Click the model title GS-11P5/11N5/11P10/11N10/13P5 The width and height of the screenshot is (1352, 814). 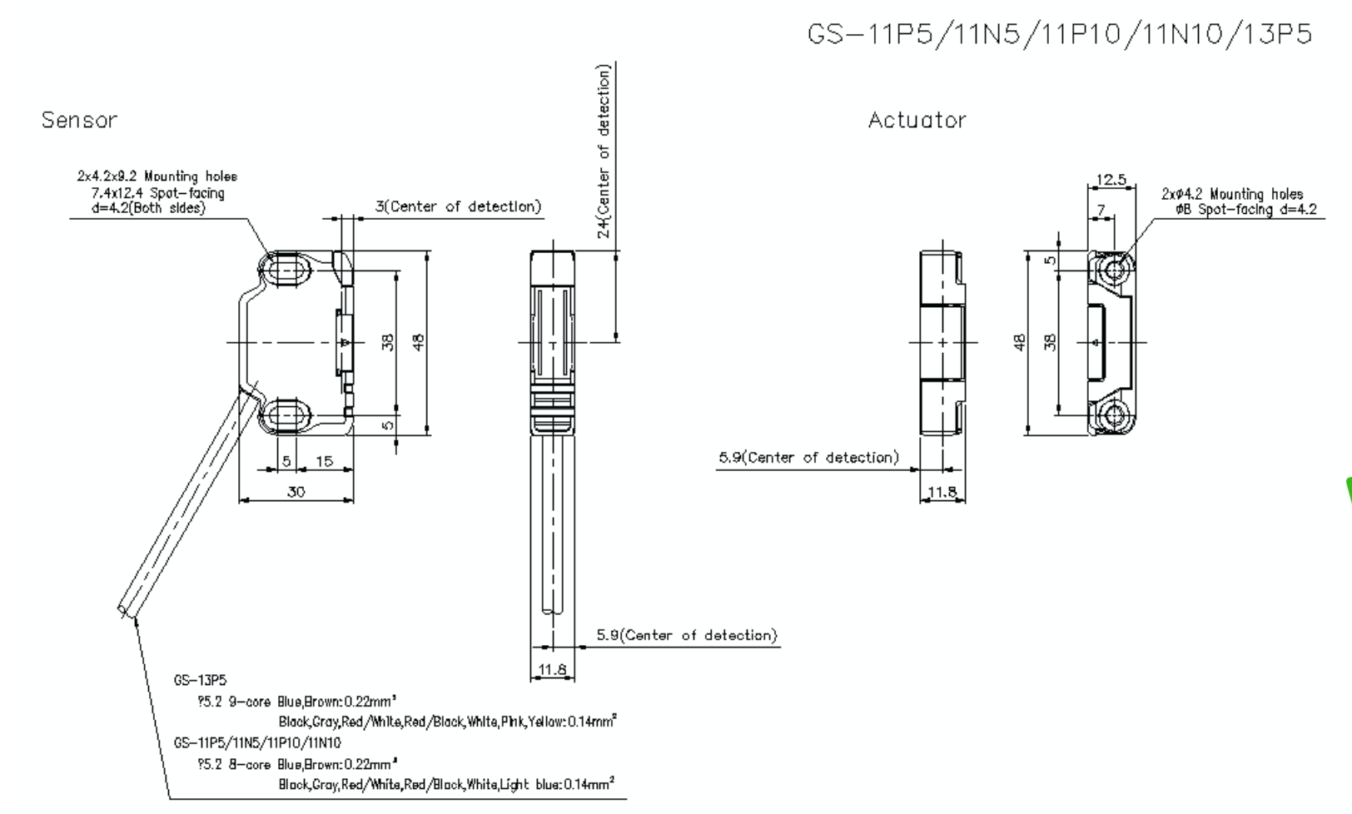coord(1059,34)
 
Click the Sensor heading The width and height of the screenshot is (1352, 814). coord(79,120)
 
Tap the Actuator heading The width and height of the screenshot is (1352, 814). coord(917,120)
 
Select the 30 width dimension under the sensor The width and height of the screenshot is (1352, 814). coord(296,492)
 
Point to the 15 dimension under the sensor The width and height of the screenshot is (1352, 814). coord(324,461)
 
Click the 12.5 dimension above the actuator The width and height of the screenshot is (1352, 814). coord(1111,179)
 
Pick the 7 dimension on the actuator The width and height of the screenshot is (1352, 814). coord(1101,210)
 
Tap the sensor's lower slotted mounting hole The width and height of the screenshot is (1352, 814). coord(288,416)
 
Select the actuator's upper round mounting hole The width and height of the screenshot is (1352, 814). coord(1114,269)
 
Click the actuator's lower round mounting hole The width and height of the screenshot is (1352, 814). coord(1114,415)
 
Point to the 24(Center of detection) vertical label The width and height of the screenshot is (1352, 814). coord(604,151)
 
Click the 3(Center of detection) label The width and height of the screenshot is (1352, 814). coord(458,206)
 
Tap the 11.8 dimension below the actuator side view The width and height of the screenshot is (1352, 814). coord(942,492)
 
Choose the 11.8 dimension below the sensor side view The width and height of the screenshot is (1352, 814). coord(552,669)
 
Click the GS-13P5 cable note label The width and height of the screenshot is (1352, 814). coord(200,680)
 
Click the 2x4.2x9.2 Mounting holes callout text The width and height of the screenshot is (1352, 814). coord(157,176)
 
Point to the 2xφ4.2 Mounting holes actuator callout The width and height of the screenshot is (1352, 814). coord(1232,194)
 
